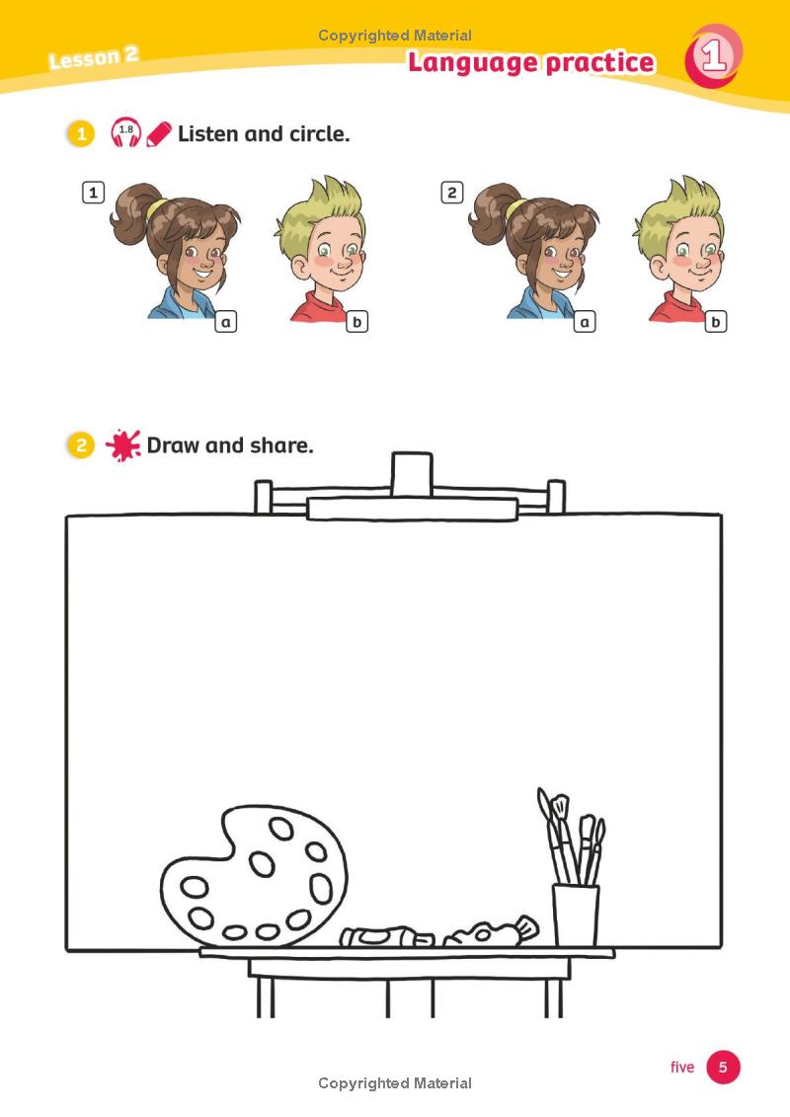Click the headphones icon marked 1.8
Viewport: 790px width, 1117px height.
[x=125, y=132]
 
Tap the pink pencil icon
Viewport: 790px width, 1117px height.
[x=159, y=133]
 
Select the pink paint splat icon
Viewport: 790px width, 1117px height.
[x=122, y=445]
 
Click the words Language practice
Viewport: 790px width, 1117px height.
[x=531, y=63]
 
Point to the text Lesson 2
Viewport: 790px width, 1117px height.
[x=93, y=57]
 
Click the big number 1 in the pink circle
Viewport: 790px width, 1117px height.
[x=713, y=56]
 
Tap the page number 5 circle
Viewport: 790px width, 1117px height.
[x=723, y=1067]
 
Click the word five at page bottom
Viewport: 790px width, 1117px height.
[x=682, y=1067]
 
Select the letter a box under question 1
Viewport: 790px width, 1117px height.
[x=226, y=321]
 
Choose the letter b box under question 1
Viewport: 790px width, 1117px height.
[x=356, y=321]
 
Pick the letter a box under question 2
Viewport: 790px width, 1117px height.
[x=585, y=321]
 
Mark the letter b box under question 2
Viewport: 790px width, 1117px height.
[x=716, y=321]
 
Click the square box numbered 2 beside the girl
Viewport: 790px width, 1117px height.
[x=452, y=193]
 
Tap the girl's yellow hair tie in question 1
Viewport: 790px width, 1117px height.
[x=155, y=208]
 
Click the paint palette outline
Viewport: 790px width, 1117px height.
[x=254, y=877]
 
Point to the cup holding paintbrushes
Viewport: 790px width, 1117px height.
[x=576, y=915]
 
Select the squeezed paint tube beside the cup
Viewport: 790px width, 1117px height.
[x=491, y=931]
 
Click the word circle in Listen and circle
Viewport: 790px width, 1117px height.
[x=319, y=133]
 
